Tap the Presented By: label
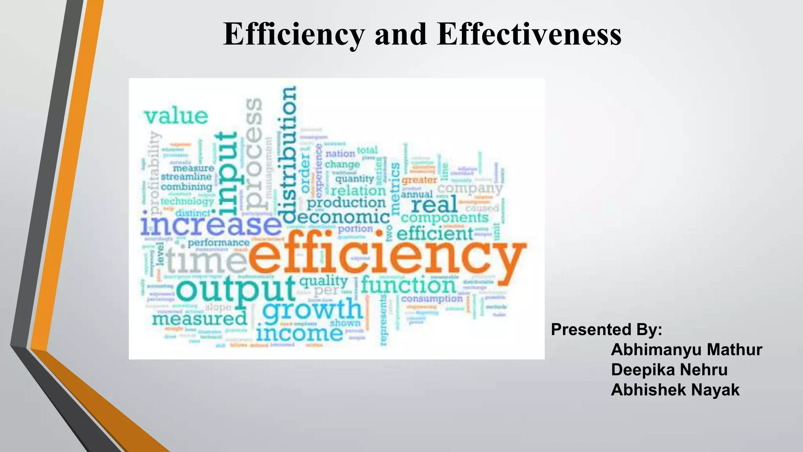(606, 330)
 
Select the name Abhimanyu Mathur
(686, 350)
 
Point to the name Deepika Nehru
(669, 370)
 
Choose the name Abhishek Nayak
(675, 390)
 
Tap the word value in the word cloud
(176, 116)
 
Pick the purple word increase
(211, 226)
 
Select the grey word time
(206, 261)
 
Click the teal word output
(235, 290)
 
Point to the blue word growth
(312, 310)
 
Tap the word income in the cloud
(300, 334)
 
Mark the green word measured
(200, 319)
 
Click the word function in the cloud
(408, 285)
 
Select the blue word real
(434, 204)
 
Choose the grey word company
(469, 189)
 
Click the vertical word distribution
(289, 155)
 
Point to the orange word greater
(419, 180)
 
